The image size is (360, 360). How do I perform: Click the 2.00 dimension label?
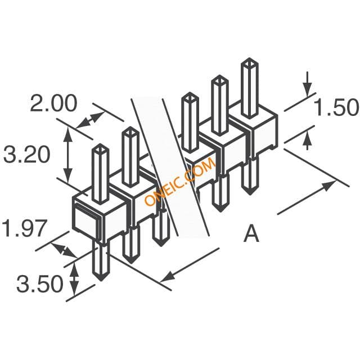[53, 103]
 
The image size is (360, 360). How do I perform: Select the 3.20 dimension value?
[27, 155]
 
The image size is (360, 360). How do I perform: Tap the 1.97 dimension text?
[25, 228]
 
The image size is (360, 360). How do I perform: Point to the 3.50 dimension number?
[40, 283]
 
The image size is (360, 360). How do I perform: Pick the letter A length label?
[251, 233]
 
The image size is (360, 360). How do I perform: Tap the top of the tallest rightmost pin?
[250, 62]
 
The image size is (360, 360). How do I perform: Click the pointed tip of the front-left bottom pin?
[101, 280]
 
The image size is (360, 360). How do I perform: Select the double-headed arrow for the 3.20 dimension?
[67, 155]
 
